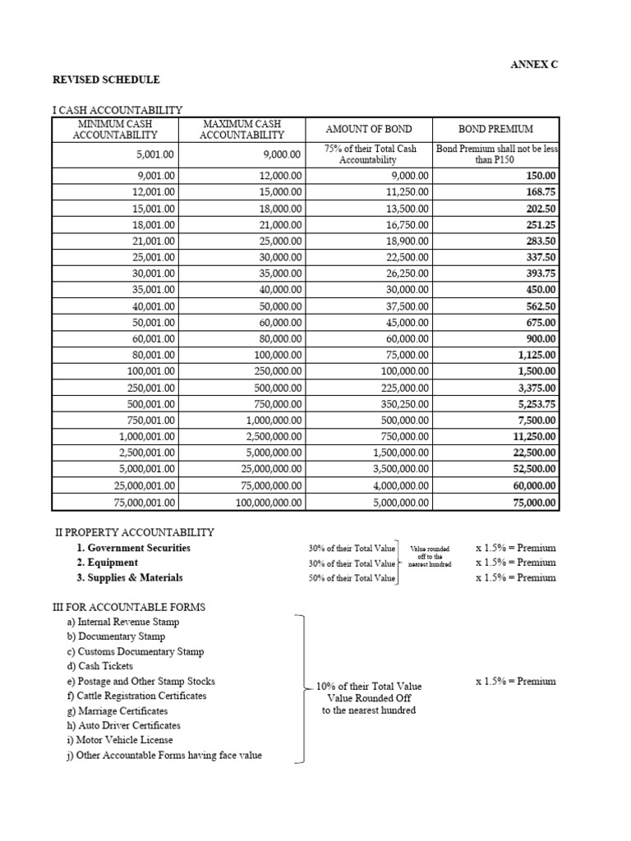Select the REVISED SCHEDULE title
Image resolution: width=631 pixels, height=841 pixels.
107,80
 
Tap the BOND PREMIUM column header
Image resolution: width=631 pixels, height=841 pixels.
495,129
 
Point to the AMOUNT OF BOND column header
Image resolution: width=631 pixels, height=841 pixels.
369,129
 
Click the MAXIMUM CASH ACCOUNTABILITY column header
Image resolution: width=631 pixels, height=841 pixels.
242,129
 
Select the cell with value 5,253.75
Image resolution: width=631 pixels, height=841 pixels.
536,404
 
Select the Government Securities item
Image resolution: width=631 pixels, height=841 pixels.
133,548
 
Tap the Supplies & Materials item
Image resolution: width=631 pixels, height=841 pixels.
130,577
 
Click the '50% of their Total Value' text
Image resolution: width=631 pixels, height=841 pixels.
352,578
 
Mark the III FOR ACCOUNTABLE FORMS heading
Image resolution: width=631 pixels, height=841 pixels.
129,607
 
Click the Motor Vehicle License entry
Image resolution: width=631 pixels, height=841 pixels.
120,740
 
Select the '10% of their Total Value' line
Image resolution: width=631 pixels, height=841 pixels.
369,686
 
